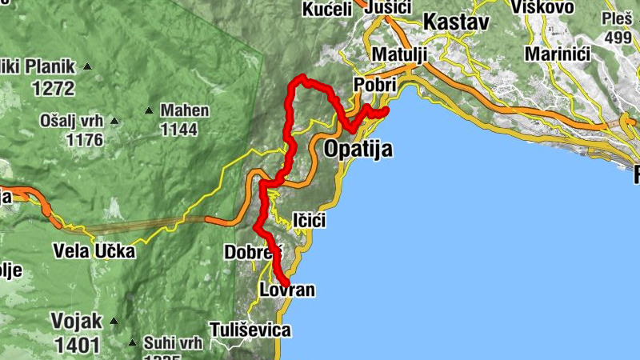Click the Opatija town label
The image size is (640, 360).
tap(358, 149)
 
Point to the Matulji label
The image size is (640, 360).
tap(400, 54)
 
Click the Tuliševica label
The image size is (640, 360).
tap(250, 329)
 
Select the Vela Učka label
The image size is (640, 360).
tap(94, 251)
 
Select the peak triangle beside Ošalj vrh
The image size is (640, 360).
tap(114, 122)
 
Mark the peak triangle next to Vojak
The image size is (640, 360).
tap(114, 322)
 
